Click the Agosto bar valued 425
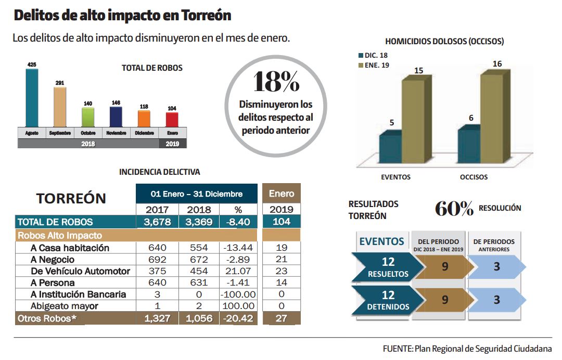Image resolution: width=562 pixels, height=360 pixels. (32, 97)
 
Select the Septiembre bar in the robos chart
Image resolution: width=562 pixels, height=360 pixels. (60, 107)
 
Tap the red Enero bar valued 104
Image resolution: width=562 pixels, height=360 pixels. (172, 119)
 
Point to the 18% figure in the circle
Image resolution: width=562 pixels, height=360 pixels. (276, 82)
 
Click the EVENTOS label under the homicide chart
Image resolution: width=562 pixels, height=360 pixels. (395, 177)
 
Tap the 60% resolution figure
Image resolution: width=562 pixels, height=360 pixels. (454, 209)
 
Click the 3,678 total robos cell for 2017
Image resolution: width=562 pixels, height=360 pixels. (157, 222)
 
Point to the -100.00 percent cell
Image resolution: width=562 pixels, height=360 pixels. (238, 294)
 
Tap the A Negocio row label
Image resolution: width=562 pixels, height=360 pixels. (53, 260)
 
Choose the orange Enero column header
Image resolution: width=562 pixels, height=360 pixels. (281, 194)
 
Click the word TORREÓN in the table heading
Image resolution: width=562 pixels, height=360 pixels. (71, 198)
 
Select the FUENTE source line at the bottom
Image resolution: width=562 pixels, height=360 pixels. (467, 349)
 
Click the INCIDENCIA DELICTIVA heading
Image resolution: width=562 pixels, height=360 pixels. (159, 172)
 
